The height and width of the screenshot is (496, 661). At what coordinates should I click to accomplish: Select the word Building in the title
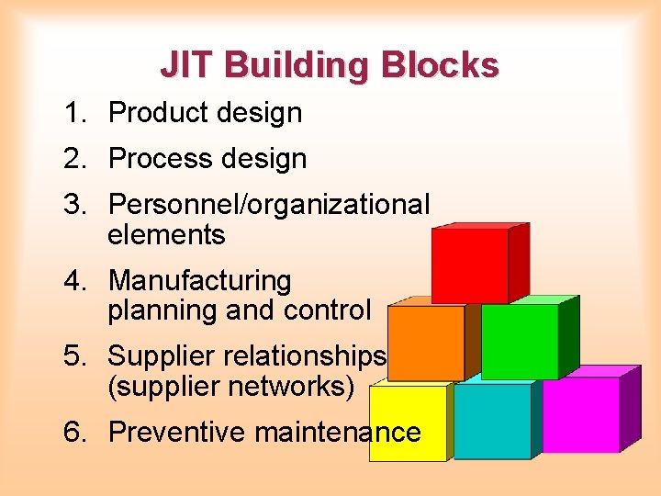click(296, 66)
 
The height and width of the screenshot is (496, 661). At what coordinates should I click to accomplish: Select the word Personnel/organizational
click(268, 205)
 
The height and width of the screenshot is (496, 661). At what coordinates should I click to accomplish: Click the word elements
click(166, 235)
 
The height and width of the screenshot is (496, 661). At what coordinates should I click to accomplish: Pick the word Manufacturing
click(199, 280)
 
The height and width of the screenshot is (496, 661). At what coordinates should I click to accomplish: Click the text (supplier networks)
click(230, 386)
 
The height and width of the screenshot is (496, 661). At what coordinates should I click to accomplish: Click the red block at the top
click(470, 265)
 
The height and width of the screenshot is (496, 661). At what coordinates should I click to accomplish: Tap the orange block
click(426, 342)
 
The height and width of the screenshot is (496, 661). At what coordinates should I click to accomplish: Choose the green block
click(520, 341)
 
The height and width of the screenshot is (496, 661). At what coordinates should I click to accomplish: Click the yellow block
click(408, 423)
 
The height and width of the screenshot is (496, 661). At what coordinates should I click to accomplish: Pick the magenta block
click(580, 415)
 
